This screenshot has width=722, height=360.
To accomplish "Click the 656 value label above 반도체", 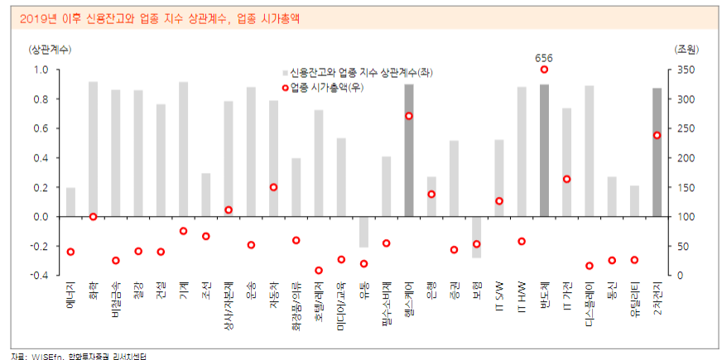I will click(x=544, y=58).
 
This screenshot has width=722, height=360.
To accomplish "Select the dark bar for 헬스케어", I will click(x=409, y=150).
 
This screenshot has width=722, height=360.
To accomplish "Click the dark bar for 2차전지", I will click(x=657, y=152).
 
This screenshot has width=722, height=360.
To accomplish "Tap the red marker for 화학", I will click(x=93, y=217).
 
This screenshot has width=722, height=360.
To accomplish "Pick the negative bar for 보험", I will click(x=476, y=237).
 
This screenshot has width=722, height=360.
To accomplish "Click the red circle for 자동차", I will click(x=273, y=187).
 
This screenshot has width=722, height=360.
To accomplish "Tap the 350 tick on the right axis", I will click(x=686, y=70).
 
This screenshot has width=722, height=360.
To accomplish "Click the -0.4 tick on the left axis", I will click(x=39, y=276).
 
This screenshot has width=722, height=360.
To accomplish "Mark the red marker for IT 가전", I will click(x=567, y=179).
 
